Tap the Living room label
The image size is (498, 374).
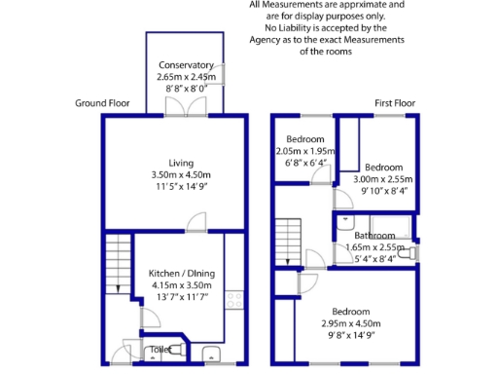click(x=181, y=163)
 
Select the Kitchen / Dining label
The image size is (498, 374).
click(x=181, y=273)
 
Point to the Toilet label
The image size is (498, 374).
click(x=159, y=349)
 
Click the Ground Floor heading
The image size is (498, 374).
click(x=103, y=102)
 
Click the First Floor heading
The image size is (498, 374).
click(x=396, y=102)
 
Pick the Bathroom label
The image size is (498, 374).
click(x=374, y=236)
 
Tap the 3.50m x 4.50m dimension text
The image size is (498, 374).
click(x=181, y=174)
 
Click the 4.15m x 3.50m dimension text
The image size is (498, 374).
click(x=181, y=284)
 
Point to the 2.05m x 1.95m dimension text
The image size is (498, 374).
click(x=304, y=152)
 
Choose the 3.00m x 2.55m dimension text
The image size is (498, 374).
click(x=382, y=179)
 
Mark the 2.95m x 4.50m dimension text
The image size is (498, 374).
click(x=351, y=323)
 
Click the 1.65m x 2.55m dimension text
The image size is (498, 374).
click(x=375, y=247)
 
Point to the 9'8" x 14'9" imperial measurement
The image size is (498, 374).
click(x=351, y=335)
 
